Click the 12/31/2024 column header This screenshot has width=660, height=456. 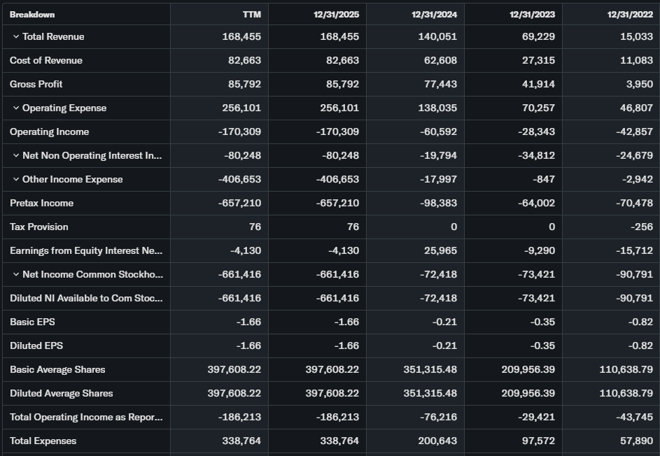click(x=434, y=15)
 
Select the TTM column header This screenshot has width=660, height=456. click(x=251, y=15)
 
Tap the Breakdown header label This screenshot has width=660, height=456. click(x=32, y=15)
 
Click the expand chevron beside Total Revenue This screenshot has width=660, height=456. click(x=16, y=36)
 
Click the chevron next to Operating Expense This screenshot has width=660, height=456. click(x=16, y=108)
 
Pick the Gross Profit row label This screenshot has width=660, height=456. click(x=36, y=84)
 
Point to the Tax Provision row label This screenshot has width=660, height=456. click(x=39, y=227)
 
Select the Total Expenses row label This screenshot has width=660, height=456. click(x=43, y=441)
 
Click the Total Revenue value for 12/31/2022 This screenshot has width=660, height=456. click(x=636, y=36)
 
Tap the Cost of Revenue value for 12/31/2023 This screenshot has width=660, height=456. click(x=538, y=60)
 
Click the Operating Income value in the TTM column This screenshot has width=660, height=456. click(x=239, y=131)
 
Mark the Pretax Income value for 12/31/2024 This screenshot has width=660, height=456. click(x=437, y=203)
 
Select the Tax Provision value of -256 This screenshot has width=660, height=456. click(x=640, y=227)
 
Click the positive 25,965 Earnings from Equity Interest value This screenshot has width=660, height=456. click(x=440, y=250)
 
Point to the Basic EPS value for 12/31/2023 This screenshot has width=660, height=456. click(x=543, y=322)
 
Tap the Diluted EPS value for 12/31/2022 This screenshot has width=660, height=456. click(x=641, y=345)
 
